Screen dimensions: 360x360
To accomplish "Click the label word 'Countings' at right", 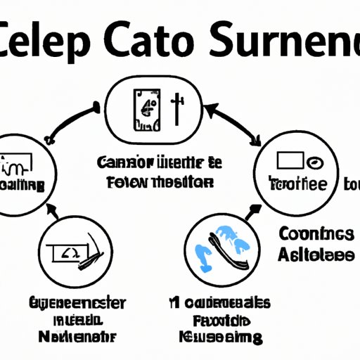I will [x=316, y=234].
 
